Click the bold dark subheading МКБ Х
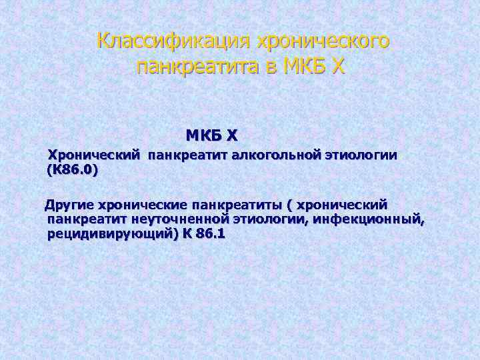(x=211, y=136)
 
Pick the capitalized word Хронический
(x=93, y=155)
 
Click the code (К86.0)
(x=72, y=171)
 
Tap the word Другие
(x=69, y=203)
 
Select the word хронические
(x=142, y=203)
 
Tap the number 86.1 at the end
(x=211, y=234)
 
